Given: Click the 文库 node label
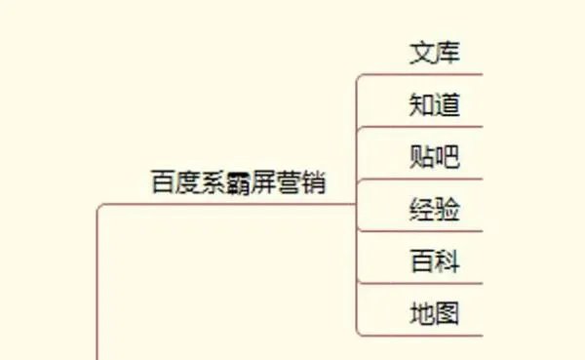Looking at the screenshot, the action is point(434,52).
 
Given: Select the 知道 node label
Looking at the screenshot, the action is point(434,104).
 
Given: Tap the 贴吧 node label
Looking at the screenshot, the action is point(434,156).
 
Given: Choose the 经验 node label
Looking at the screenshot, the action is point(434,209).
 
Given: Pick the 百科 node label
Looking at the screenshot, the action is point(434,260).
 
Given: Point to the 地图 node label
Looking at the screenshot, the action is point(434,313).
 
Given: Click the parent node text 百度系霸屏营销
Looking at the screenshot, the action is point(238,182).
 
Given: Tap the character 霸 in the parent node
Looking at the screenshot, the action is point(238,182).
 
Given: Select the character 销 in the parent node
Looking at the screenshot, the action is point(313,182).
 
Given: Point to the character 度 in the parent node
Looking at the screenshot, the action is point(187,182).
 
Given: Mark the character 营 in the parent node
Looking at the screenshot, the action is point(289,182).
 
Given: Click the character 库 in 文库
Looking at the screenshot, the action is point(447,52).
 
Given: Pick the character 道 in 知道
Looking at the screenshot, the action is point(447,104).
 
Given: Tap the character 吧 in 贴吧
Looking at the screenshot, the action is point(447,156).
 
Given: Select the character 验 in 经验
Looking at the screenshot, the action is point(447,209).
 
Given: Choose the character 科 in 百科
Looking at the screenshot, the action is point(447,260).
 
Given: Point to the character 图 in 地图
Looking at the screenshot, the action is point(447,313).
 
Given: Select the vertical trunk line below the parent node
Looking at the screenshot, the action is point(97,293).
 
